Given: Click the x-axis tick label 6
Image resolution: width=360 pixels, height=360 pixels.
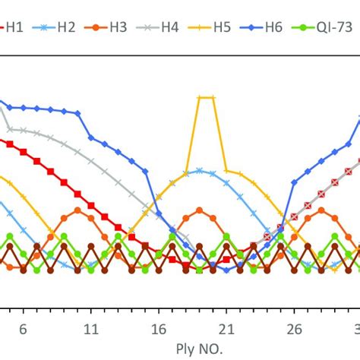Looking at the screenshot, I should (x=23, y=329).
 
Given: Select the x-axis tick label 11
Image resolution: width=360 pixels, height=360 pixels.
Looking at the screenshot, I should (x=90, y=329).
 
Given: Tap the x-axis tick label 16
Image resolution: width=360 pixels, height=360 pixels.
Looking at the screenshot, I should (x=158, y=329).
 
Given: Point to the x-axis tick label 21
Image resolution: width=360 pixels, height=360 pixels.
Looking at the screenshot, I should (x=226, y=329).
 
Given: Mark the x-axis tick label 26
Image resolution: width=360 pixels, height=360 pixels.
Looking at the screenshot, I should (x=293, y=329).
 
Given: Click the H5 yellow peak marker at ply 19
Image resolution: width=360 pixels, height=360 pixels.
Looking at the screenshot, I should (x=199, y=97).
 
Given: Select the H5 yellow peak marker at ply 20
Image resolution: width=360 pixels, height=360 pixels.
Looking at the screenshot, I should (x=213, y=97).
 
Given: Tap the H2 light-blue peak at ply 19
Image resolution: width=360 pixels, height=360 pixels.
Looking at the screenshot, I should (x=199, y=170).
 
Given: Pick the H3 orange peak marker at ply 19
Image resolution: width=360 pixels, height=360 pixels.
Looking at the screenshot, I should (x=199, y=210).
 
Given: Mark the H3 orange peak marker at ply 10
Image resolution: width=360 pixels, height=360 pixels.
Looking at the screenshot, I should (x=77, y=210).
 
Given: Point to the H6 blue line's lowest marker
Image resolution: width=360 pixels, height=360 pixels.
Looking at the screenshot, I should (x=226, y=270).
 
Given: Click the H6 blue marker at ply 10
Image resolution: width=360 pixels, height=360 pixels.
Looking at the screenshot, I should (x=77, y=112).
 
